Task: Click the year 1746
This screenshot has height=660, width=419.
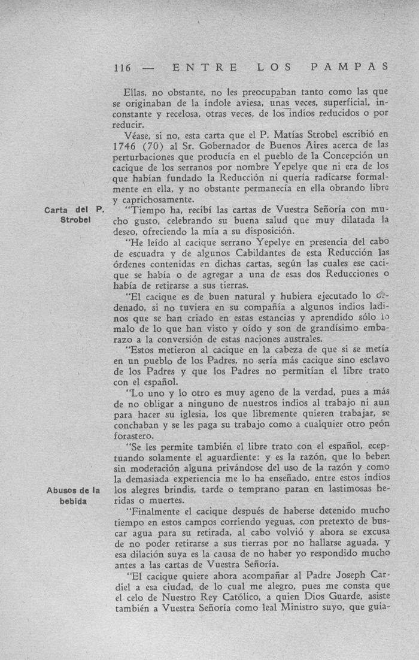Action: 129,146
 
